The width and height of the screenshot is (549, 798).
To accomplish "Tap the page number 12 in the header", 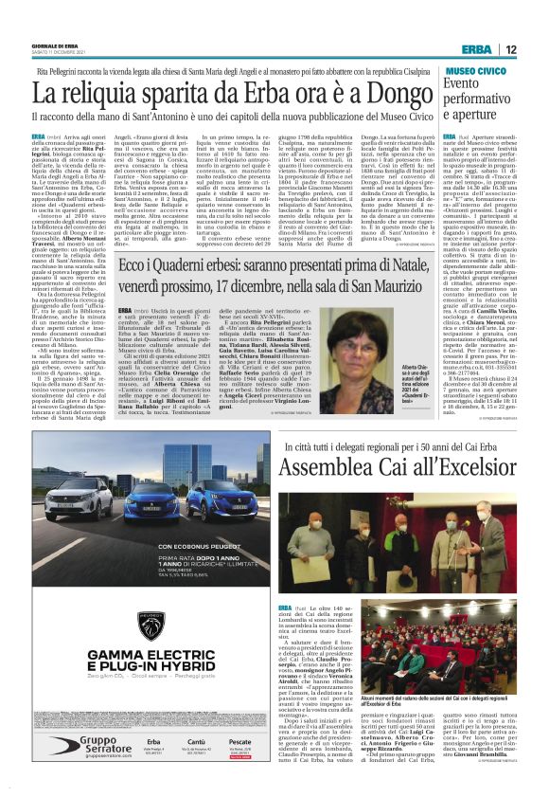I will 510,48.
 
